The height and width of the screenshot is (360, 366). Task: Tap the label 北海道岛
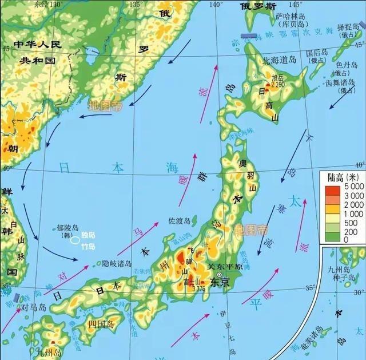tap(277, 59)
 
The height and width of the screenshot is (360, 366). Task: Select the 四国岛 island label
tap(102, 324)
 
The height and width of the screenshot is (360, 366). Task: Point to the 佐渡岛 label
tap(180, 220)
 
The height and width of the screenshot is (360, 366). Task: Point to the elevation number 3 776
tap(198, 288)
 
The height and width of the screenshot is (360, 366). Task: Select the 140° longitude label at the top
tap(216, 5)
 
